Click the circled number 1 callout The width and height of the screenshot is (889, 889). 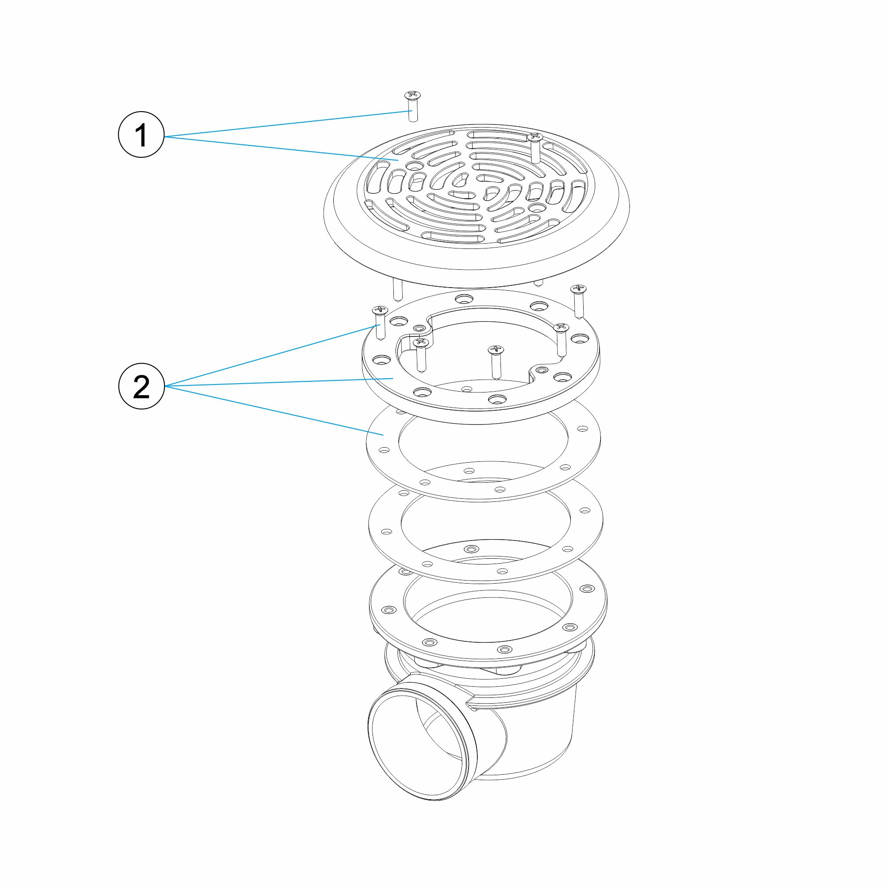click(141, 135)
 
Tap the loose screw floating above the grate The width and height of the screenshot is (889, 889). click(412, 106)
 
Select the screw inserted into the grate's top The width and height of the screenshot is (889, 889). click(535, 147)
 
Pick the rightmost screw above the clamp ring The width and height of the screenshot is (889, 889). click(578, 301)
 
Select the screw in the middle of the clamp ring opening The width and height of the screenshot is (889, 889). click(495, 362)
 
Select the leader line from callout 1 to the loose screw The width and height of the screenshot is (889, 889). click(288, 124)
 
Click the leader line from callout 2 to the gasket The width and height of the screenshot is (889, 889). click(274, 410)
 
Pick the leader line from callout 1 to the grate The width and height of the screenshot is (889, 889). click(282, 148)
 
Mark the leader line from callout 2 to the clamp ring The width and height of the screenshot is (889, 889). click(279, 382)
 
